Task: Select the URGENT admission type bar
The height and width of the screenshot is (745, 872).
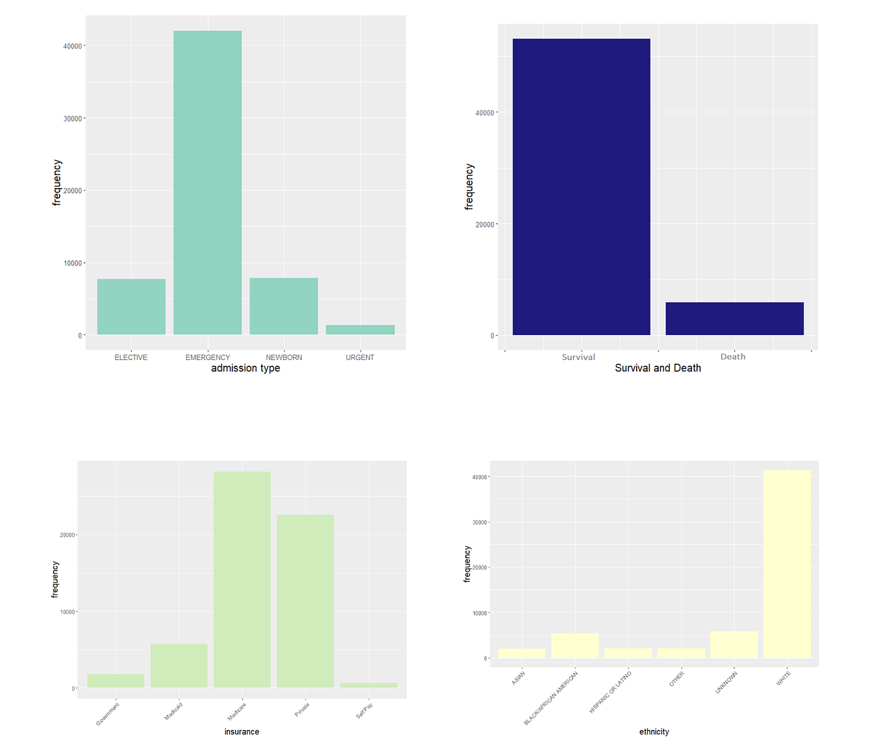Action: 360,330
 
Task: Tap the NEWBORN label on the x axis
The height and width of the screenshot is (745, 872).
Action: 284,358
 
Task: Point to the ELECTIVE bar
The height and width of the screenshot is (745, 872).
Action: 131,306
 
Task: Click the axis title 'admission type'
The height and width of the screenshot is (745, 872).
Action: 245,368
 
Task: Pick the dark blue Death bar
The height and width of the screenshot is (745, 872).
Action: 734,318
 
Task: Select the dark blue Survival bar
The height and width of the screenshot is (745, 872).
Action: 581,187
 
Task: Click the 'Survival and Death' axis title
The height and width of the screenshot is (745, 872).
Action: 658,368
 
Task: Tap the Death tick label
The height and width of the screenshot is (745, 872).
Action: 733,357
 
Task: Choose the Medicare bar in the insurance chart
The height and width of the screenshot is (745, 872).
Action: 242,579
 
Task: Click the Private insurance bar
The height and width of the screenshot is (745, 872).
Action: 305,600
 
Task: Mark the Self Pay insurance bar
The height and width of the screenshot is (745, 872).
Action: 369,685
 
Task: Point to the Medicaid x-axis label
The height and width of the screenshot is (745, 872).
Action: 174,711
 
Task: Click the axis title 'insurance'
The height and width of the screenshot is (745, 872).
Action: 242,732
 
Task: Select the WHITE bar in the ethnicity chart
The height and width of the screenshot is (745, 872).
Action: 787,564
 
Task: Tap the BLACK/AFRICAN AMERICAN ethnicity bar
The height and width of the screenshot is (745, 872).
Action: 575,645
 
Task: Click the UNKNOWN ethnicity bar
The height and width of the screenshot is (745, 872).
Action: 734,645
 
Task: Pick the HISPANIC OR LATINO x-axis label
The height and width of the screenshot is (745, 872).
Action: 610,692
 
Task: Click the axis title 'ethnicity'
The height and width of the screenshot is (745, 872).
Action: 654,732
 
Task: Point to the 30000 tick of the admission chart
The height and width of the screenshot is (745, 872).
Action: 73,119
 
